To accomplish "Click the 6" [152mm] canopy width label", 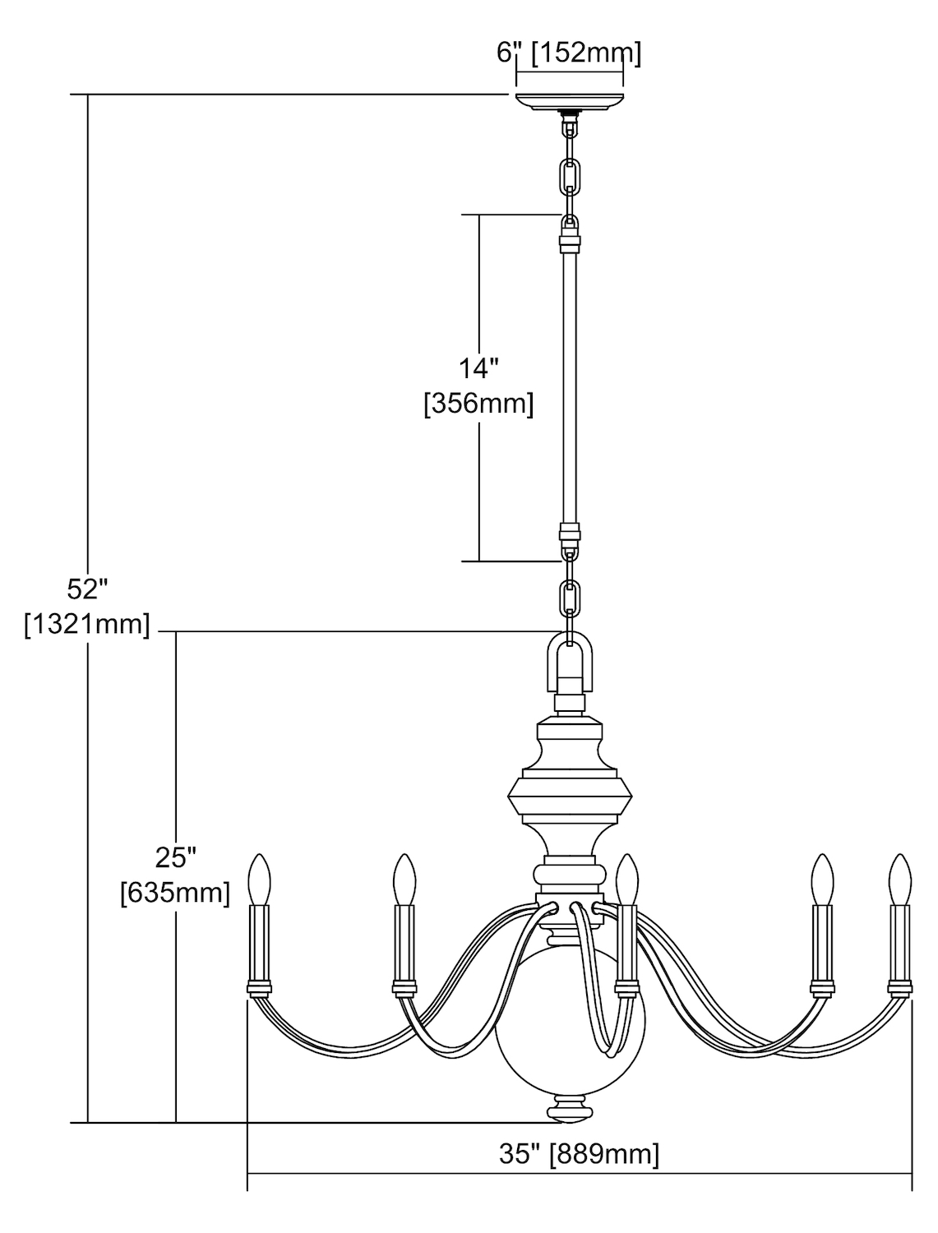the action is click(x=568, y=53).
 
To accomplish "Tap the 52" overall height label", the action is click(x=87, y=589).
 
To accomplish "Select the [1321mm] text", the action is click(x=87, y=624).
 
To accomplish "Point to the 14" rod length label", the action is click(x=478, y=369).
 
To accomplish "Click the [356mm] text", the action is click(x=478, y=404).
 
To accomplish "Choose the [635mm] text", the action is click(x=175, y=893).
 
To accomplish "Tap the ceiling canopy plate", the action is click(x=570, y=102).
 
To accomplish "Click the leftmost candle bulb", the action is click(x=260, y=880).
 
